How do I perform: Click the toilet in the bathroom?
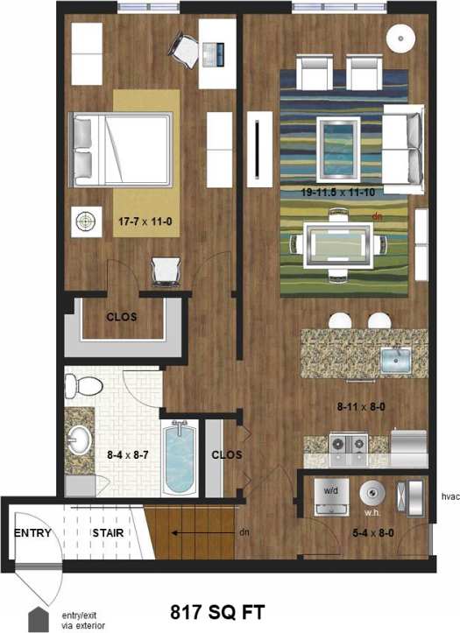click(x=78, y=383)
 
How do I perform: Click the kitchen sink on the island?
click(x=395, y=359)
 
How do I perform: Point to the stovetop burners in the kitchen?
click(x=346, y=444)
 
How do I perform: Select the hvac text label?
click(x=449, y=496)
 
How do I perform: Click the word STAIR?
click(x=108, y=532)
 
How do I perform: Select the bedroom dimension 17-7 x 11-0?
click(x=145, y=222)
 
